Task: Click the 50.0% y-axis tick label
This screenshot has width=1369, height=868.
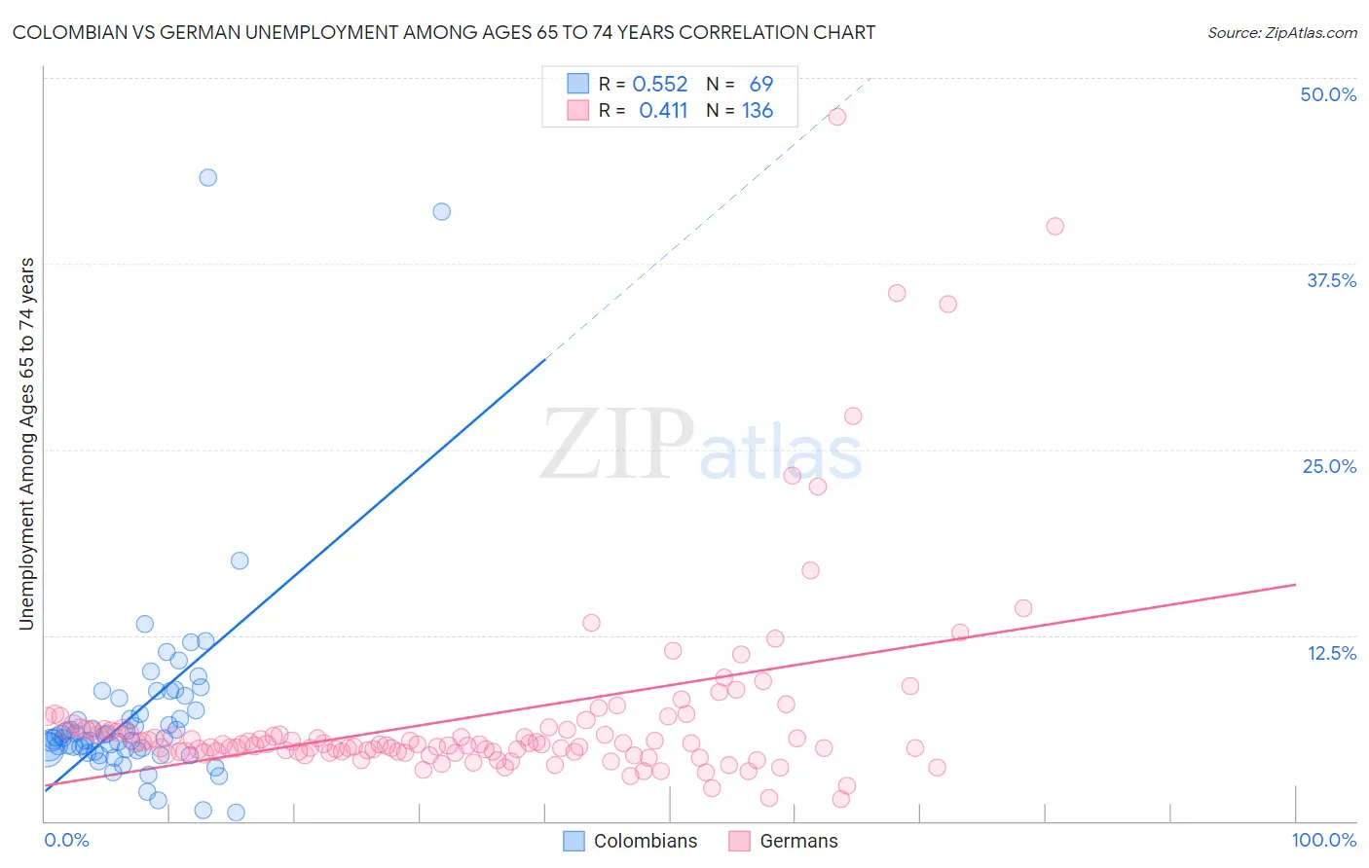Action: (x=1328, y=94)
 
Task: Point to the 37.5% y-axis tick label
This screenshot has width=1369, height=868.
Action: (x=1331, y=280)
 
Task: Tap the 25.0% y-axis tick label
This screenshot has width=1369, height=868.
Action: (x=1329, y=466)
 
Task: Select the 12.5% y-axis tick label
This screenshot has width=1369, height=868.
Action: (x=1331, y=653)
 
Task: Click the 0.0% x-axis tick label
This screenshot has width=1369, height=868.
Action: (x=66, y=840)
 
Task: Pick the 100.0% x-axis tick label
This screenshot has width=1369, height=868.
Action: (x=1323, y=840)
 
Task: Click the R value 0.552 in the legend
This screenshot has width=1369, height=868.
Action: (x=660, y=85)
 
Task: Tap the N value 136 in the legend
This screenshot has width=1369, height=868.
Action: (x=758, y=111)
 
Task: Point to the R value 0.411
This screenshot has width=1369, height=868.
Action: (x=663, y=111)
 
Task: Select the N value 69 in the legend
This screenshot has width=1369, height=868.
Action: (x=760, y=85)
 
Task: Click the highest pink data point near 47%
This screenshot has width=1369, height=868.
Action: (x=836, y=116)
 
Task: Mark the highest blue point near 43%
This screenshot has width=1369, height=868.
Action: (x=207, y=177)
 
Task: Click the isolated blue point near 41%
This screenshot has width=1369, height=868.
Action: (x=441, y=211)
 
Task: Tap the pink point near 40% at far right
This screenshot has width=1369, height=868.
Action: (x=1054, y=226)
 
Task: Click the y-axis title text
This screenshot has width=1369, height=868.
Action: (x=26, y=444)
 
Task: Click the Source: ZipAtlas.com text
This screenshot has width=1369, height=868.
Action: (x=1281, y=32)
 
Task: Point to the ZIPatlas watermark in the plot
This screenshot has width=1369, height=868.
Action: (x=701, y=447)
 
